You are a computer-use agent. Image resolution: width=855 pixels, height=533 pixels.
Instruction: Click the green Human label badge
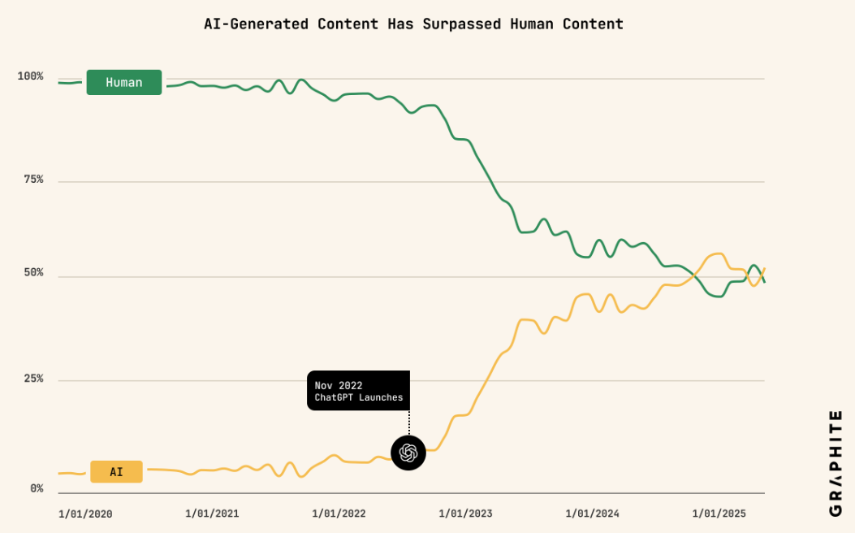(x=123, y=82)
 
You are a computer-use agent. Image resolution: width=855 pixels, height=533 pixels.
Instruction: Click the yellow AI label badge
(x=116, y=471)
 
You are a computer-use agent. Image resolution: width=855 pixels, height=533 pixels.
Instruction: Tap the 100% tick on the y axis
(x=31, y=76)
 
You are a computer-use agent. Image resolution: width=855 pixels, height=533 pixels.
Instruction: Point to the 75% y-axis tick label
(x=33, y=180)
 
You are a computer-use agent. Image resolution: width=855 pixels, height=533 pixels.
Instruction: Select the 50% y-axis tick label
(x=33, y=273)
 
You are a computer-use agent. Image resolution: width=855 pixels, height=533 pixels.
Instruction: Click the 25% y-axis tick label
(x=33, y=379)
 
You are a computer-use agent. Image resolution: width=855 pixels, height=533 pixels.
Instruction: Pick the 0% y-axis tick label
(x=37, y=489)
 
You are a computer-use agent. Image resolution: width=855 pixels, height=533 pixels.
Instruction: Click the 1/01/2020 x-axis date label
(x=85, y=513)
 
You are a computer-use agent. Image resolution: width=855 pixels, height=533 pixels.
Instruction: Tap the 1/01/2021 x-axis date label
(x=212, y=513)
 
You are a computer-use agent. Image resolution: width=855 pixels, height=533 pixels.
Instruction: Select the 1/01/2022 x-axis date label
(x=339, y=513)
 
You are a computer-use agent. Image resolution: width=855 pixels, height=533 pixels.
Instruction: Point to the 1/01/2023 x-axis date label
(x=465, y=513)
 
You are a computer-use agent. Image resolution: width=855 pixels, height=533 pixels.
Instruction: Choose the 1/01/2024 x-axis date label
(x=592, y=513)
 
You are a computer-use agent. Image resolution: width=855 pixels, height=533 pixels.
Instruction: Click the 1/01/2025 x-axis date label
(x=719, y=513)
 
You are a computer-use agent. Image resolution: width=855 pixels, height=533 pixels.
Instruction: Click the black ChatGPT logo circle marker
(x=408, y=453)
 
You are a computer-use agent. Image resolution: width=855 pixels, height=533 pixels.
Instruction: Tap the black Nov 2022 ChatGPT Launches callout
(x=358, y=391)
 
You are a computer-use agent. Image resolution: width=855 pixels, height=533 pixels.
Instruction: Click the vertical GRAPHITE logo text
(x=836, y=462)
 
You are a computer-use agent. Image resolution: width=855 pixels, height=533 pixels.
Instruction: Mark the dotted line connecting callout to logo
(x=408, y=422)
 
